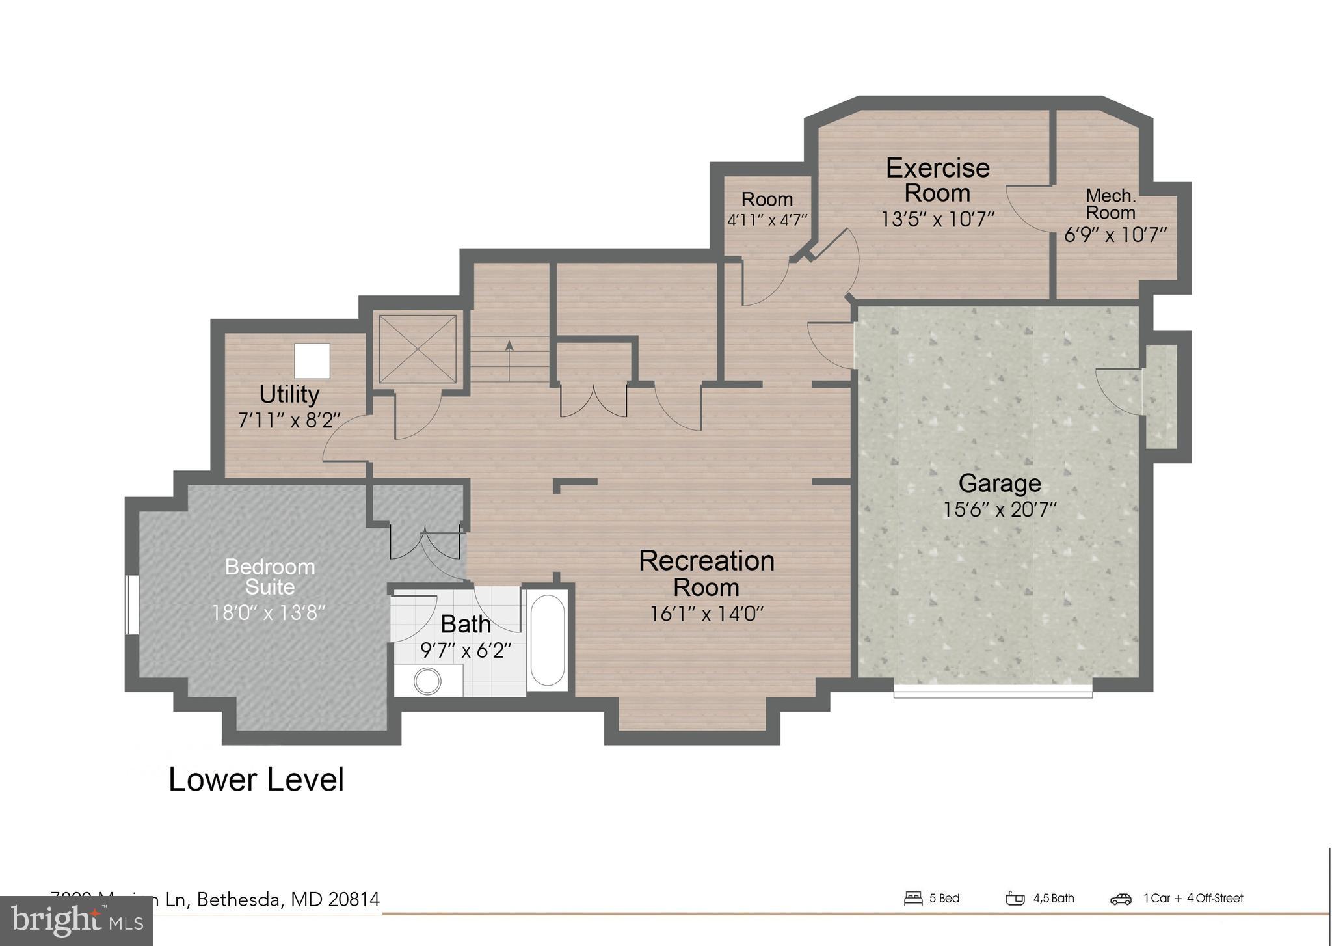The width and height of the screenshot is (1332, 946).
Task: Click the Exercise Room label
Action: pyautogui.click(x=937, y=180)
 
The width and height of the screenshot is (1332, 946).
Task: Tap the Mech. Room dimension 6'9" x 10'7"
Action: pyautogui.click(x=1115, y=235)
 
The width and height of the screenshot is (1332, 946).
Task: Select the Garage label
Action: pyautogui.click(x=1000, y=483)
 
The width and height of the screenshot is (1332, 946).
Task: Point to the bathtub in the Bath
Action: pyautogui.click(x=547, y=640)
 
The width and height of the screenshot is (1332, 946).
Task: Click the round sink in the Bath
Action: pyautogui.click(x=427, y=682)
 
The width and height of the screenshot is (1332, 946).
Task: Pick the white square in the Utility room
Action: pyautogui.click(x=312, y=361)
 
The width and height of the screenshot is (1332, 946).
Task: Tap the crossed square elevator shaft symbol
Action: pyautogui.click(x=418, y=349)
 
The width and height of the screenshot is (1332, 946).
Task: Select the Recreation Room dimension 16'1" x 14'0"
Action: pyautogui.click(x=706, y=614)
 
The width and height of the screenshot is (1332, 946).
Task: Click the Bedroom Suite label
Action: pyautogui.click(x=270, y=576)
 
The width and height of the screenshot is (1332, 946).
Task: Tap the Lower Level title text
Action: pyautogui.click(x=256, y=779)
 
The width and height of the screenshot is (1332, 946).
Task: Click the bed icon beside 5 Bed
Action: pyautogui.click(x=913, y=899)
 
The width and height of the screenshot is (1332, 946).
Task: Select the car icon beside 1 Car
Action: pyautogui.click(x=1121, y=899)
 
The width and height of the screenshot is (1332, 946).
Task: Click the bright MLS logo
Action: pyautogui.click(x=77, y=921)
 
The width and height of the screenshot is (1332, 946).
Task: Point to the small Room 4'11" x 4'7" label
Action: pyautogui.click(x=767, y=208)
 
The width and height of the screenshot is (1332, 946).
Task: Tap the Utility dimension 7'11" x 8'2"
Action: pyautogui.click(x=289, y=420)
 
